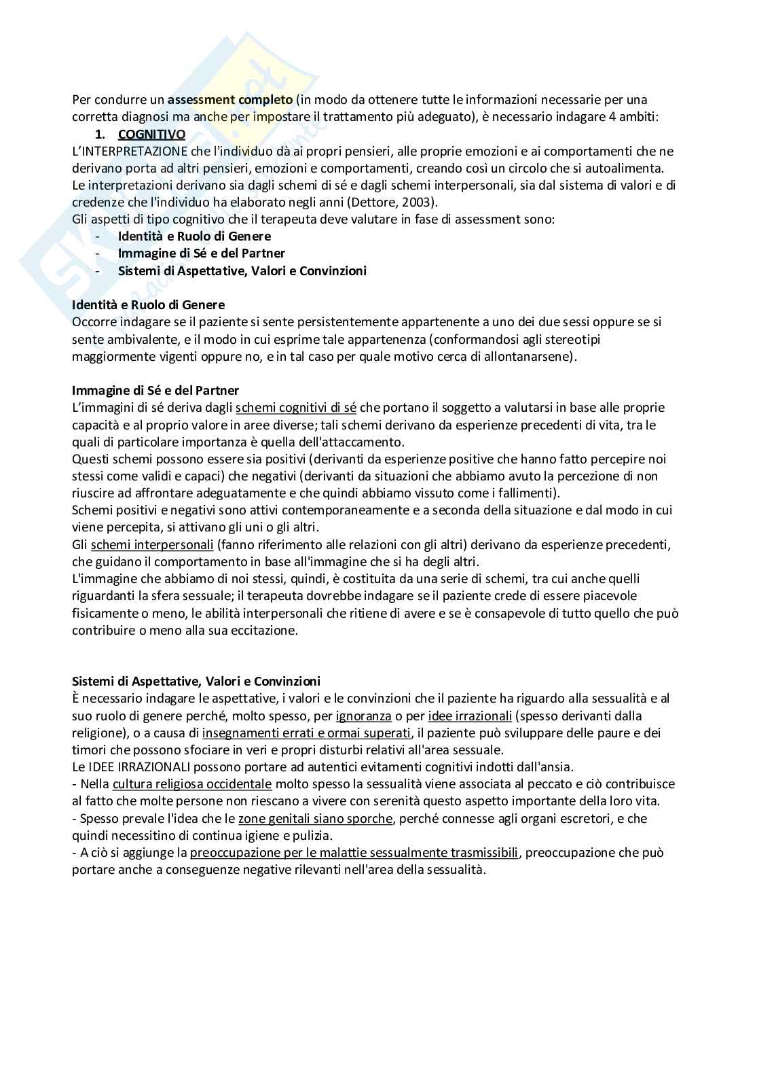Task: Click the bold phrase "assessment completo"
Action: pos(230,100)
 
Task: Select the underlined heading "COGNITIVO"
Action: pos(151,134)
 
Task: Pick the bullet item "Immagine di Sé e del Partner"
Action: pos(201,253)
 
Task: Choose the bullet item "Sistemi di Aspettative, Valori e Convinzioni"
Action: pos(242,270)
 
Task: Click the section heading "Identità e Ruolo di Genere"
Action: pos(148,304)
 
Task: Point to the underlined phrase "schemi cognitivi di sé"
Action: pos(296,408)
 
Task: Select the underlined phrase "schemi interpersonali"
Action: pos(152,544)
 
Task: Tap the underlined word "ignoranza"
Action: pos(363,716)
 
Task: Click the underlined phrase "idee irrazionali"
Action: pos(470,716)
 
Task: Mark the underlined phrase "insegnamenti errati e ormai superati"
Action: pos(307,733)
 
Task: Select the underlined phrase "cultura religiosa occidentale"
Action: pos(192,784)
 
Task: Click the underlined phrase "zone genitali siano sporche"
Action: pos(315,818)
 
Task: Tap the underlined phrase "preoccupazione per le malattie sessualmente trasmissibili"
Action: pos(354,852)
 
